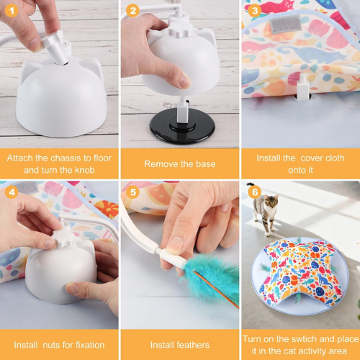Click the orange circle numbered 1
tap(12, 11)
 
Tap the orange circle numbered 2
tap(132, 11)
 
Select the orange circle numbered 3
tap(255, 11)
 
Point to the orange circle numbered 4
tap(12, 192)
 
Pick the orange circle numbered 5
tap(132, 192)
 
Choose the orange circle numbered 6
tap(255, 192)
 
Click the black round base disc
tap(182, 127)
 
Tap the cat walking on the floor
tap(264, 211)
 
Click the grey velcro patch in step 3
tap(286, 24)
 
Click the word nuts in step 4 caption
tap(52, 345)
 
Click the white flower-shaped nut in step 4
tap(62, 238)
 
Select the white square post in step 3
tap(304, 87)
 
